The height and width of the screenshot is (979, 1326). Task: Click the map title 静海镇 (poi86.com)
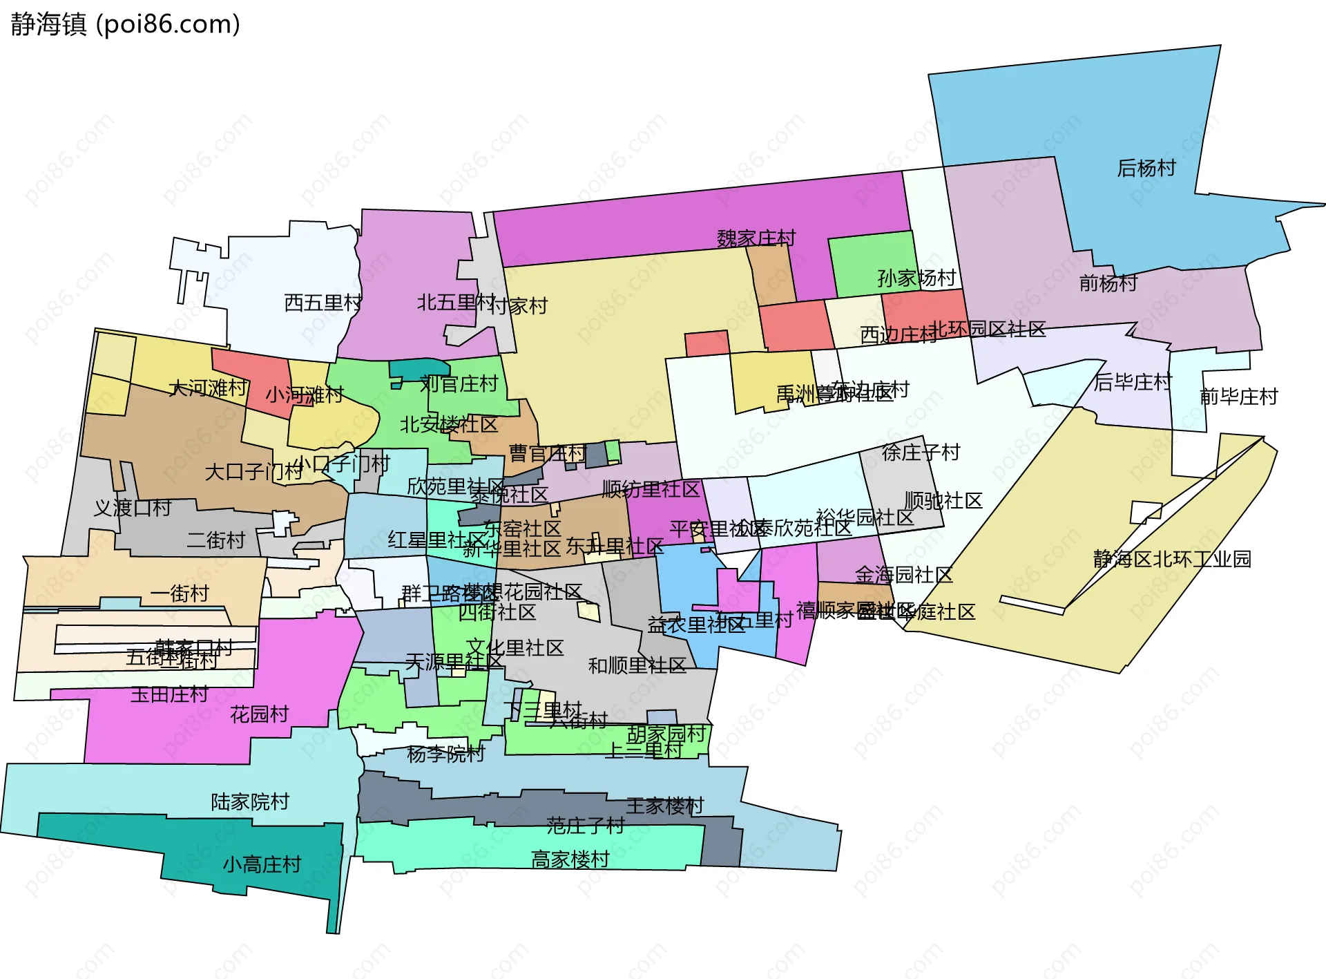pyautogui.click(x=125, y=24)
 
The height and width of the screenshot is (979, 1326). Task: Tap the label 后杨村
pyautogui.click(x=1146, y=168)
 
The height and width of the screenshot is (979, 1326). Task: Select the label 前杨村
pyautogui.click(x=1108, y=283)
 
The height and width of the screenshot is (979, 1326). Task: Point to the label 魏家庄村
pyautogui.click(x=756, y=238)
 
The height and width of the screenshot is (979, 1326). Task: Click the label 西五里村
pyautogui.click(x=323, y=303)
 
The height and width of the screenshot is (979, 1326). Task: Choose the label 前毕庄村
pyautogui.click(x=1239, y=397)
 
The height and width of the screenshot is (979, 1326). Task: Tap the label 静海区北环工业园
pyautogui.click(x=1172, y=558)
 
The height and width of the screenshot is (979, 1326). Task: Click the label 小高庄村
pyautogui.click(x=262, y=864)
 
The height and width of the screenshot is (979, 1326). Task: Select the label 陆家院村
pyautogui.click(x=250, y=802)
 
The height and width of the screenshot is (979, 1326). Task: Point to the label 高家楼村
pyautogui.click(x=570, y=859)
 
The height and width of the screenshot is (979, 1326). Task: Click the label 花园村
pyautogui.click(x=259, y=714)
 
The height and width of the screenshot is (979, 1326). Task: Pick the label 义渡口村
pyautogui.click(x=133, y=508)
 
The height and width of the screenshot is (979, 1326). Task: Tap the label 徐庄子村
pyautogui.click(x=921, y=453)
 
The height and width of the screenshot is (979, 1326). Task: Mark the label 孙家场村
pyautogui.click(x=916, y=278)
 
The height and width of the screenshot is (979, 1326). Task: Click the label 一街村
pyautogui.click(x=180, y=593)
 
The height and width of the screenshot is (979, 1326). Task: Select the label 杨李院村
pyautogui.click(x=446, y=754)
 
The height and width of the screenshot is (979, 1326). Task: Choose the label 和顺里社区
pyautogui.click(x=637, y=665)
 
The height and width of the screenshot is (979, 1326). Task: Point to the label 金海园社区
pyautogui.click(x=903, y=574)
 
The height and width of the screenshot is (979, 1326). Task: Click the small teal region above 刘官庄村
pyautogui.click(x=417, y=369)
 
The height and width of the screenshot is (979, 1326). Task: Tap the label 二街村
pyautogui.click(x=216, y=540)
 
